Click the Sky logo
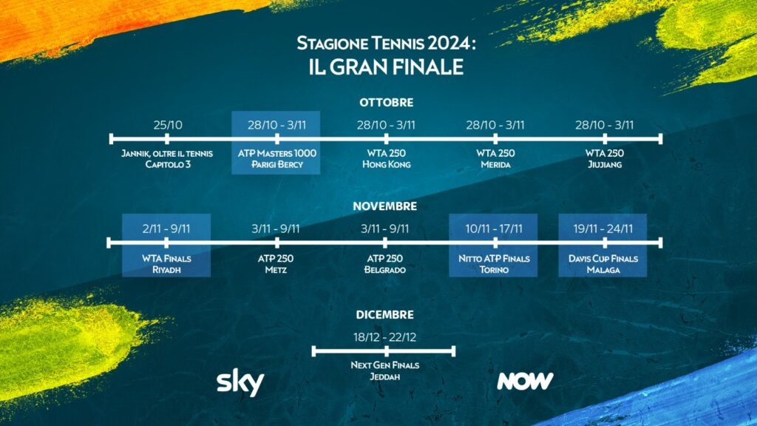[240, 383]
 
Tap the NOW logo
[526, 381]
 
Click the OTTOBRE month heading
[386, 102]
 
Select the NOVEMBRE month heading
[384, 206]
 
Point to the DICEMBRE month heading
[384, 315]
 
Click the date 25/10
[168, 125]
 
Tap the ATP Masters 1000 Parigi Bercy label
[277, 159]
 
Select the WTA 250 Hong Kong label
[386, 159]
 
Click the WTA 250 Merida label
[495, 159]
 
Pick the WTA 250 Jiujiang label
[605, 159]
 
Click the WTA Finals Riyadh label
[166, 264]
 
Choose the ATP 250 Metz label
[276, 264]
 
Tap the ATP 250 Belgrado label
[384, 264]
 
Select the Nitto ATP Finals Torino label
[494, 264]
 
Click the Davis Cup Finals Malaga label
[603, 264]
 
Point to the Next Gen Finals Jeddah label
[384, 371]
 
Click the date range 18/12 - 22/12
[384, 337]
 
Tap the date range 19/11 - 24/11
[603, 229]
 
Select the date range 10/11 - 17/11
[494, 229]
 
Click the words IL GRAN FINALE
[386, 67]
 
